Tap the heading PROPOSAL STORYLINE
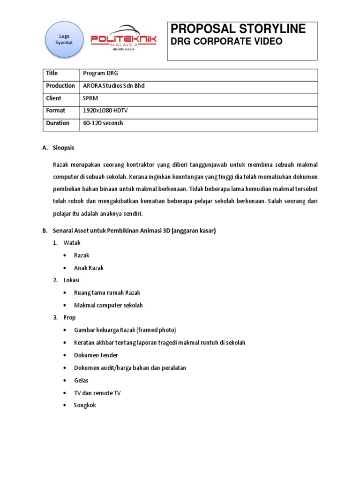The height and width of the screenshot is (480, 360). click(238, 29)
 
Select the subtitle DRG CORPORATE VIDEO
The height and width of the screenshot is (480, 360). click(226, 42)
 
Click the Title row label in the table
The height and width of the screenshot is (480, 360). click(52, 73)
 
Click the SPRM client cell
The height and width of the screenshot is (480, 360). click(91, 98)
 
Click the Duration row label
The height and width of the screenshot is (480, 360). click(57, 123)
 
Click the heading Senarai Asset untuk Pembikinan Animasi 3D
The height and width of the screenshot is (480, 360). click(135, 231)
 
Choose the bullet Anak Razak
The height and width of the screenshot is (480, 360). click(89, 268)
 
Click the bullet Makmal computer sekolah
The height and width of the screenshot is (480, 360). click(108, 306)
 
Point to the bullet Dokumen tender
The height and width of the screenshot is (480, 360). click(96, 355)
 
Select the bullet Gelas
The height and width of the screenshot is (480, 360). click(81, 381)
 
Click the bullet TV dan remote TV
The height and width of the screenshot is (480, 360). click(97, 393)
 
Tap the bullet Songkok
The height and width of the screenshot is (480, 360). click(85, 405)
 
